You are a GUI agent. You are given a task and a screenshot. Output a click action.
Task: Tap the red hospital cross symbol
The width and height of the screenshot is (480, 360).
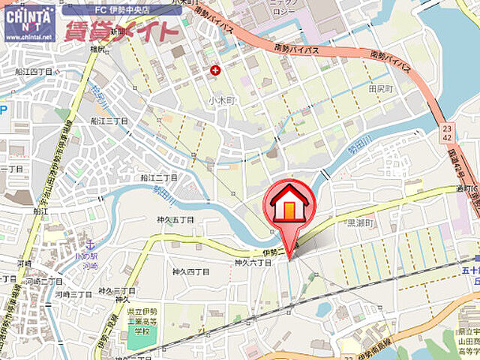[x=216, y=70]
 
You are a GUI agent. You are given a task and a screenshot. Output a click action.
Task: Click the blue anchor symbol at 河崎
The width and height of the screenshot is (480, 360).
[x=90, y=245]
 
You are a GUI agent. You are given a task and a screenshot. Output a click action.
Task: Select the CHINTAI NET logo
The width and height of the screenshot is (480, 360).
[x=28, y=16]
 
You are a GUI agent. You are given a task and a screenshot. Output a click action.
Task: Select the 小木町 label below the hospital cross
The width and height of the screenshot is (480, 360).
[x=222, y=98]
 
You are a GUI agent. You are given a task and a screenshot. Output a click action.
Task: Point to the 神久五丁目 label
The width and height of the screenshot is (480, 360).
[x=175, y=220]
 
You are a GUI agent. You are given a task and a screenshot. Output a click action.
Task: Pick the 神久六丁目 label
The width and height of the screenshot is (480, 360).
[x=252, y=263]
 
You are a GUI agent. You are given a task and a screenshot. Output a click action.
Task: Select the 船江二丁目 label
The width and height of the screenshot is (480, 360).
[x=158, y=178]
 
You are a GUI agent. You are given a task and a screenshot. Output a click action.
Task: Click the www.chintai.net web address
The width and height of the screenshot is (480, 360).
[x=28, y=35]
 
